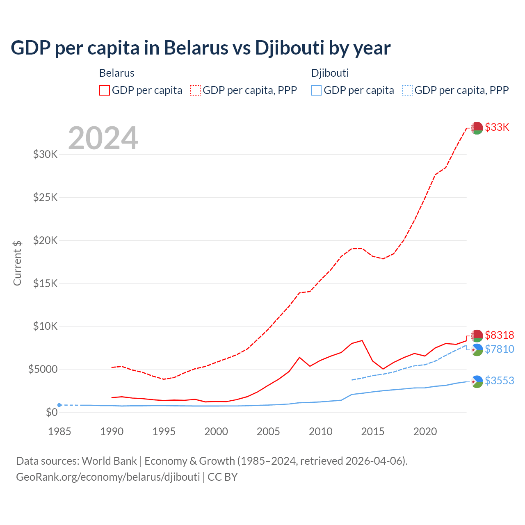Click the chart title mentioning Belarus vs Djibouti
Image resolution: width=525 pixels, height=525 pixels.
[201, 48]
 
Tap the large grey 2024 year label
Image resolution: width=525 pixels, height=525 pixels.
[103, 139]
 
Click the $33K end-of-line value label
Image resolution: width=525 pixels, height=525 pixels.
[497, 127]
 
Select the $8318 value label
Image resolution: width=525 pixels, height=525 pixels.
[499, 335]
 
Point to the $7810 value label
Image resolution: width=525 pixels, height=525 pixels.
[499, 349]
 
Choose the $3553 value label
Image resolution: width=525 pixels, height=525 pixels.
[499, 381]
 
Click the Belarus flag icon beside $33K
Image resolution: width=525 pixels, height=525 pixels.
[477, 128]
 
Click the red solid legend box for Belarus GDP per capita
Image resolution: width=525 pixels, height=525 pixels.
[105, 90]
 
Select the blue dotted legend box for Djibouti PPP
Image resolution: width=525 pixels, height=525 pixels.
[407, 90]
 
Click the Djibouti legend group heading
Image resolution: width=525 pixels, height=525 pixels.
[330, 73]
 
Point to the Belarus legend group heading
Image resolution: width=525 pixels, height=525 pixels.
[117, 73]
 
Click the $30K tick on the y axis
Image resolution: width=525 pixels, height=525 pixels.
[46, 155]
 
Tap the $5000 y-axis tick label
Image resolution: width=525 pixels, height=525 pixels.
[43, 370]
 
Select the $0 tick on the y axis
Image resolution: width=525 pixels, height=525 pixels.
[51, 412]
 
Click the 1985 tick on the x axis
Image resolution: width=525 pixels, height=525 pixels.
[59, 431]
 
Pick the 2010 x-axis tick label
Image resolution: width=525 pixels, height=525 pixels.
[320, 431]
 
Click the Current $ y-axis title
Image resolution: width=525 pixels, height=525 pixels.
[17, 263]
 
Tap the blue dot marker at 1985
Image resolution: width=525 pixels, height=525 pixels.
[59, 405]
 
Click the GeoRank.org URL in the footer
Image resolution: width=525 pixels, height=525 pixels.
[108, 477]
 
